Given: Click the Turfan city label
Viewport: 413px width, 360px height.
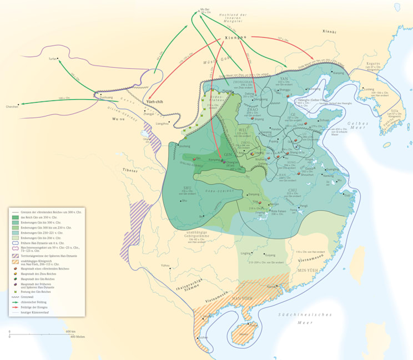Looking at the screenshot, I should pos(52,58).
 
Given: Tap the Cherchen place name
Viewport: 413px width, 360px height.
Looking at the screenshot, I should pos(12,107).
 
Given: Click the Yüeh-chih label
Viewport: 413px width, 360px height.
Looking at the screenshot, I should pos(154,102).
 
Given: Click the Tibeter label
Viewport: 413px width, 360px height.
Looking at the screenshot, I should pos(131,170).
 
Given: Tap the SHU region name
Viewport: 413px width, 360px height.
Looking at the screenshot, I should pos(188,187).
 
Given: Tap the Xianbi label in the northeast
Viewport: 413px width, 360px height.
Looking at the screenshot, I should pos(329,32).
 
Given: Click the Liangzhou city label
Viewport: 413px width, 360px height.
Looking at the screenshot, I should pos(162,123).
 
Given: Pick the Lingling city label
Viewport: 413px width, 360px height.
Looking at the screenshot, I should pos(245,253).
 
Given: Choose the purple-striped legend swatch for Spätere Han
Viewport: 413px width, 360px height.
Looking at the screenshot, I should pos(15,255).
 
